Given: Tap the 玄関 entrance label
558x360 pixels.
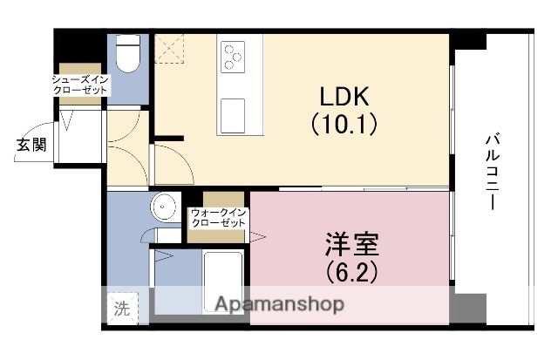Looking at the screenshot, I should point(29,145).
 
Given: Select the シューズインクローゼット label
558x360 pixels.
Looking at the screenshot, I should point(79,85).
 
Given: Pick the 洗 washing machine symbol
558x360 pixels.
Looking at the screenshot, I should point(123,308).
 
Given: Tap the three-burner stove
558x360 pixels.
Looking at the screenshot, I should point(233,56).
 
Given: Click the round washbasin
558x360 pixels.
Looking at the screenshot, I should point(162,208).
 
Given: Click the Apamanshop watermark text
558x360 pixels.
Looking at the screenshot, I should point(279,304).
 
